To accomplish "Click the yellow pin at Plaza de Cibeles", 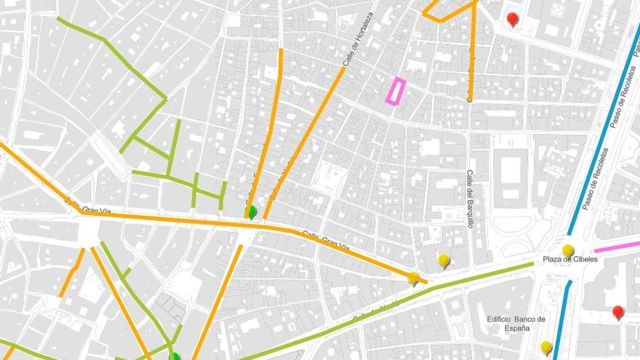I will (568, 250).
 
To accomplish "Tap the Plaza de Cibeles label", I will (569, 260).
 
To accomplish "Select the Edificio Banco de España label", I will (512, 324).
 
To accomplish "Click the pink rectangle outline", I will (395, 91).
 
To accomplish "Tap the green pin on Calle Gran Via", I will (252, 212).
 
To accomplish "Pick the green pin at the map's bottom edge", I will (175, 356).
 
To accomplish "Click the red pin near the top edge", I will (512, 18).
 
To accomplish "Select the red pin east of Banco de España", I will (617, 311).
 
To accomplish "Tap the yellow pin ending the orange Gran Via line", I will (413, 277).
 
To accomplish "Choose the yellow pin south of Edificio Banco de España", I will (545, 347).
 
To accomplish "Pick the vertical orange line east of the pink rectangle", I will (472, 58).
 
